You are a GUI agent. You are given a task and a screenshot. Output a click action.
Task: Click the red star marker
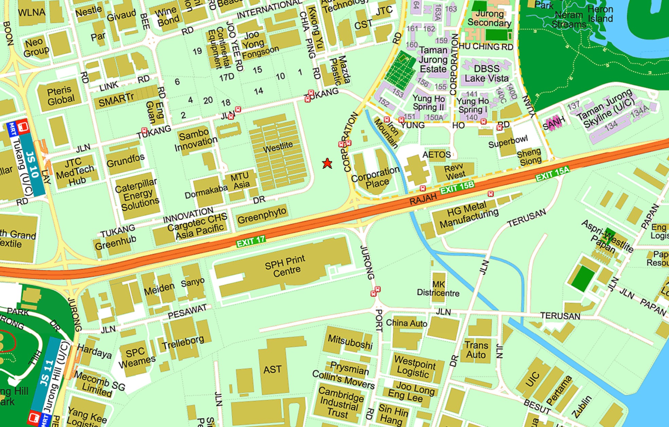click(327, 164)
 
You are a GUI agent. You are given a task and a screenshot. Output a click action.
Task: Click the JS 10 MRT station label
click(33, 164)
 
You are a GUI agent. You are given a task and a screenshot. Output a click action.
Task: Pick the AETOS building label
click(436, 155)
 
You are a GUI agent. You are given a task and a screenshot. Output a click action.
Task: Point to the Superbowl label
click(508, 141)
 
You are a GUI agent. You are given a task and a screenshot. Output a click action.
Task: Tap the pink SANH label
click(554, 123)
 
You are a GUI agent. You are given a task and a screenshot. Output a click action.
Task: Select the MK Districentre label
click(438, 289)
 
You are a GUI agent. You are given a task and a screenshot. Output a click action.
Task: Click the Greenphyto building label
click(262, 216)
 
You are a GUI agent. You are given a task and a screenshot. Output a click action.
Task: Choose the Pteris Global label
click(60, 95)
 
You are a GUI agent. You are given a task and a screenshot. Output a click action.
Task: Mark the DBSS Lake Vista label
click(487, 74)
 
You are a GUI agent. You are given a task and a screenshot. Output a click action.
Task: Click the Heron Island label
click(600, 14)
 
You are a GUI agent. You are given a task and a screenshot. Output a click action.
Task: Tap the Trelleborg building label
click(183, 342)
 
